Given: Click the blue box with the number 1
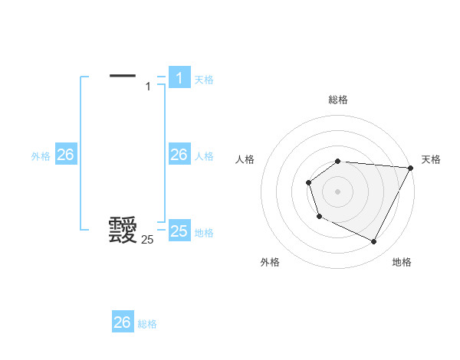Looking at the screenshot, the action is pyautogui.click(x=179, y=77).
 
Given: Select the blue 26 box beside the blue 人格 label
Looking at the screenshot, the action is pyautogui.click(x=179, y=155).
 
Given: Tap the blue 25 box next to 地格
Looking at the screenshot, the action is pyautogui.click(x=179, y=231).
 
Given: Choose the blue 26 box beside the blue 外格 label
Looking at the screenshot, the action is pyautogui.click(x=65, y=155).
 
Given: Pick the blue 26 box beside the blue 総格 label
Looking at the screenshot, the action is pyautogui.click(x=123, y=322).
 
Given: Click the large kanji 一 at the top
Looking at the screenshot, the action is pyautogui.click(x=123, y=75).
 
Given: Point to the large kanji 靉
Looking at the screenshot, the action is pyautogui.click(x=123, y=230).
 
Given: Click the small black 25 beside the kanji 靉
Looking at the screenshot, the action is pyautogui.click(x=147, y=240).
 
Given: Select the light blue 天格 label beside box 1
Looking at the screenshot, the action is pyautogui.click(x=204, y=79).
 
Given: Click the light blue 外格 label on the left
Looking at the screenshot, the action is pyautogui.click(x=41, y=156).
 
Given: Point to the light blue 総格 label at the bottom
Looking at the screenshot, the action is pyautogui.click(x=147, y=324).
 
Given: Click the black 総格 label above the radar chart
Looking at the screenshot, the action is pyautogui.click(x=338, y=100).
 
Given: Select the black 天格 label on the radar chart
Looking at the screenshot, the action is pyautogui.click(x=431, y=159).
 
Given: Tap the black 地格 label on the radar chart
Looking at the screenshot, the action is pyautogui.click(x=402, y=262).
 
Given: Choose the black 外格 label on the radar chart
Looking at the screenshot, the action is pyautogui.click(x=270, y=262).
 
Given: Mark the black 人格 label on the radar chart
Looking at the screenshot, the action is pyautogui.click(x=245, y=159).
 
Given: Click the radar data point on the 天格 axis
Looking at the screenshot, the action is pyautogui.click(x=410, y=168).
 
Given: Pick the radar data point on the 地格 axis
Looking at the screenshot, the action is pyautogui.click(x=373, y=242).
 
